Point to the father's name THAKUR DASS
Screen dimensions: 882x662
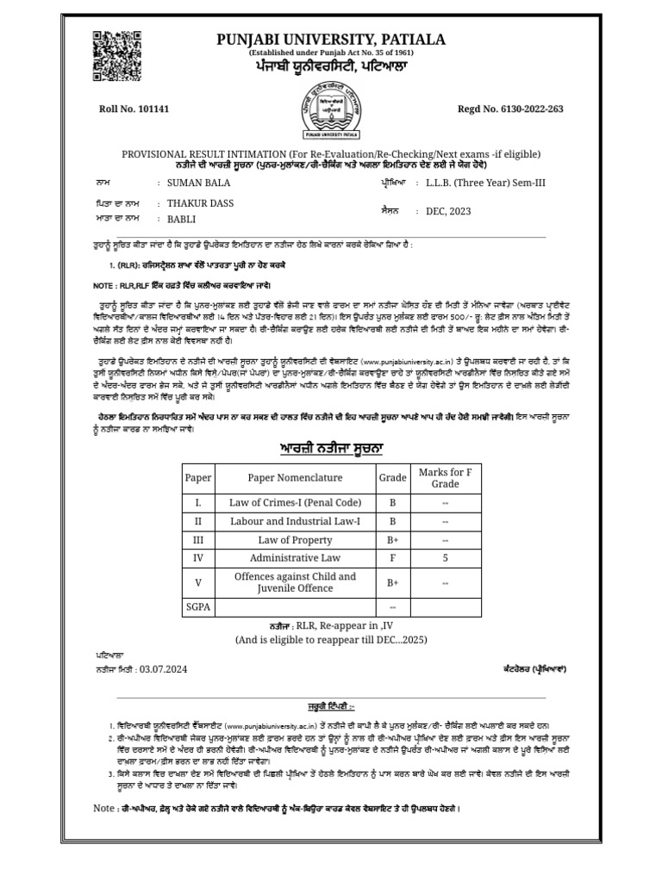[201, 203]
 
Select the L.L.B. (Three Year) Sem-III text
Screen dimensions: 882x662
[486, 183]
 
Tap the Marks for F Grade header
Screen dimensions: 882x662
[445, 478]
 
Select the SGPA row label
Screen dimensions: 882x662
[197, 607]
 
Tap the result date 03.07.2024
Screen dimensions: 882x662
[163, 668]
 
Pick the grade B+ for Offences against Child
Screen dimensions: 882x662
[392, 583]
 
